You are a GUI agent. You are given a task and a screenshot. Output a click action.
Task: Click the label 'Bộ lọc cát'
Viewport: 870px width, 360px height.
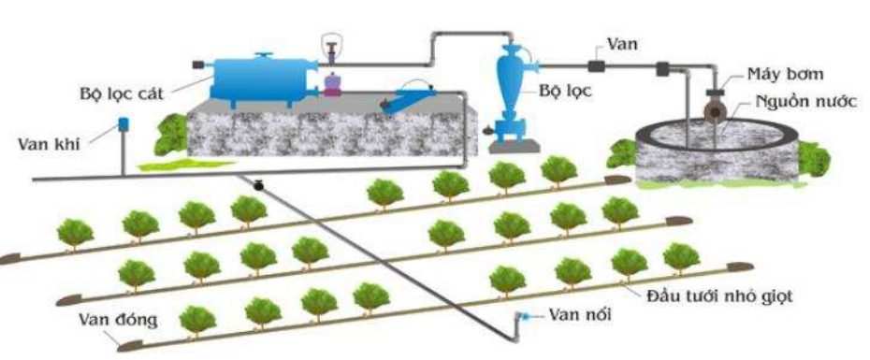[x=122, y=94]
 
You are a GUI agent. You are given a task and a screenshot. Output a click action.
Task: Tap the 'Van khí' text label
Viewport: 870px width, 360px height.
[x=50, y=144]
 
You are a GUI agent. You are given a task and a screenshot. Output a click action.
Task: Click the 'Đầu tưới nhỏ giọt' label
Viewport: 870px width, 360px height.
[x=719, y=296]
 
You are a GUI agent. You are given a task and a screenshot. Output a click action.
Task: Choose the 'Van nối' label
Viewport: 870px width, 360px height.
[x=580, y=315]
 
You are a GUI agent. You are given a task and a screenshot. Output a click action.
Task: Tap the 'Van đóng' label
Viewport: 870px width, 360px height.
[x=118, y=320]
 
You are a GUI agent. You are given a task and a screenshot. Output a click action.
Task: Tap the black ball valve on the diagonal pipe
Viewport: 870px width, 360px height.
[x=258, y=185]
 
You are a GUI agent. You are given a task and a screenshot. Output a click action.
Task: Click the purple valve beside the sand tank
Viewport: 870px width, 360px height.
[x=332, y=85]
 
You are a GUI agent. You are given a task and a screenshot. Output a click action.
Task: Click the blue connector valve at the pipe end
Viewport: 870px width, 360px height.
[x=522, y=317]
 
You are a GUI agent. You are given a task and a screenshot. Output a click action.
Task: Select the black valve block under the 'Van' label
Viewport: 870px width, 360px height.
[x=597, y=66]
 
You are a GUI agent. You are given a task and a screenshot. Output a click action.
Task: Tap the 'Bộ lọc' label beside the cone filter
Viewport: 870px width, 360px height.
[x=565, y=92]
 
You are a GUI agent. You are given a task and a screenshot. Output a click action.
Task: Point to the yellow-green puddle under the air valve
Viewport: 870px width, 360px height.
[x=186, y=166]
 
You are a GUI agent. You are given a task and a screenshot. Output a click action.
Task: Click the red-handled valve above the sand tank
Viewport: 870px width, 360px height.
[x=330, y=52]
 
